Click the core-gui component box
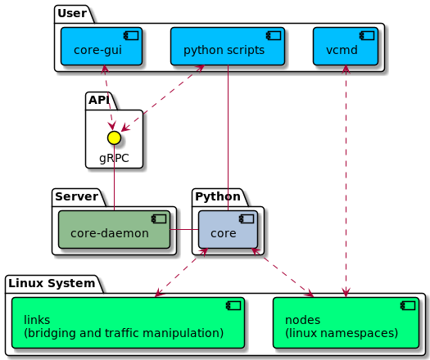(x=102, y=47)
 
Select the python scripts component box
(x=228, y=47)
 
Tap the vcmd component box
(x=346, y=47)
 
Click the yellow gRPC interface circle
(x=114, y=137)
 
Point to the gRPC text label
(x=114, y=158)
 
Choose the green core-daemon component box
(x=115, y=230)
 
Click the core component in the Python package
(x=228, y=230)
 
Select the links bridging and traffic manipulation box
(x=128, y=322)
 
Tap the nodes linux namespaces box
(x=346, y=322)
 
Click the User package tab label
(x=72, y=13)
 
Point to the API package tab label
(x=99, y=100)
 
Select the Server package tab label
(x=76, y=196)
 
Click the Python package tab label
(x=218, y=196)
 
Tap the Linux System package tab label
(x=52, y=283)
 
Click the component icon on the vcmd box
(x=367, y=36)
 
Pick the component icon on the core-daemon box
(x=159, y=219)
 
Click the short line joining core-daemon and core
(x=184, y=230)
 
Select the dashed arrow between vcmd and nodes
(x=346, y=181)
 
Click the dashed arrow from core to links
(x=181, y=272)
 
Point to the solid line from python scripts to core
(x=229, y=137)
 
